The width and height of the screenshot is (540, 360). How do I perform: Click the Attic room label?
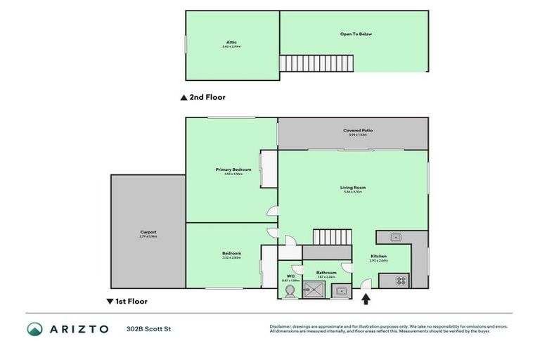(232, 43)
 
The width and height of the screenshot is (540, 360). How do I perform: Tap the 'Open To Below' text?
(356, 34)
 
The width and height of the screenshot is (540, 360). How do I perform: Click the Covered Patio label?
(357, 130)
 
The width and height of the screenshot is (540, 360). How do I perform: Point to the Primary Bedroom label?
(233, 169)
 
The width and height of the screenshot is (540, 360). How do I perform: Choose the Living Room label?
(354, 188)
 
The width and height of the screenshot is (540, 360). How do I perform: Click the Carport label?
(148, 232)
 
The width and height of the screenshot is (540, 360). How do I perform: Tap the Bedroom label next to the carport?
(231, 253)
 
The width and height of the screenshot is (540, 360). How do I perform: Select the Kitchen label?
(378, 257)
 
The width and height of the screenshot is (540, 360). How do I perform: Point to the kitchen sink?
(394, 237)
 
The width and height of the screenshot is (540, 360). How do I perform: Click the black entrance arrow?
(366, 300)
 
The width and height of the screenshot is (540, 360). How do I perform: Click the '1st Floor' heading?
(130, 301)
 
